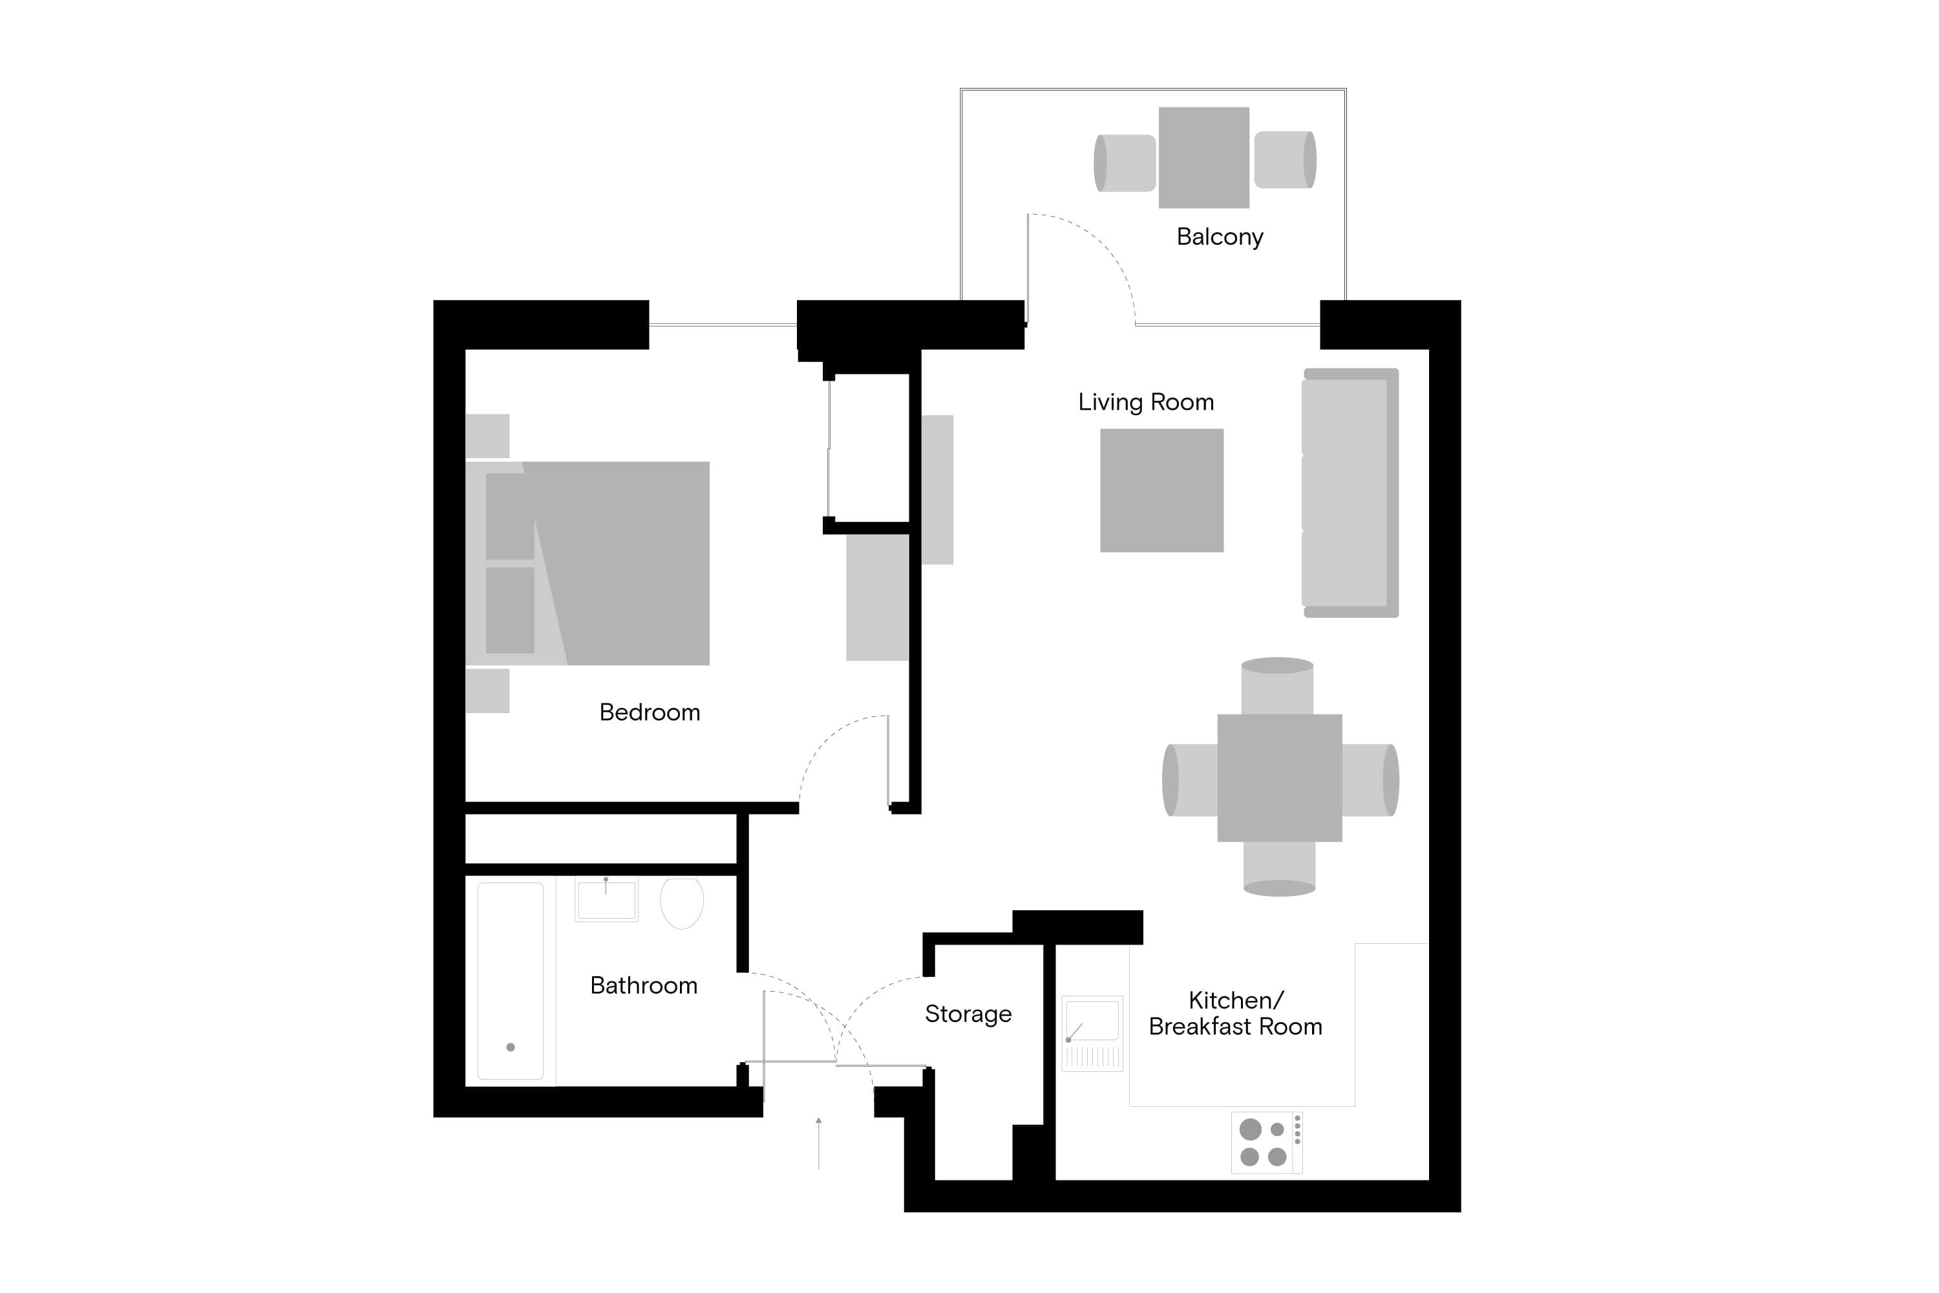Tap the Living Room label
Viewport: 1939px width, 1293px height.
click(x=1145, y=401)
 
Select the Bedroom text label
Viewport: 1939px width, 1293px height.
click(x=649, y=712)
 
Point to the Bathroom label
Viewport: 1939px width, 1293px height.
click(x=643, y=985)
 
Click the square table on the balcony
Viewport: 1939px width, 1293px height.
click(x=1203, y=158)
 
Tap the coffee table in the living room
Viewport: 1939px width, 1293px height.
click(x=1161, y=490)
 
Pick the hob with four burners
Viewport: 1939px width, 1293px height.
click(x=1266, y=1142)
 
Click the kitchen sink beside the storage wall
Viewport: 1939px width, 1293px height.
click(x=1092, y=1032)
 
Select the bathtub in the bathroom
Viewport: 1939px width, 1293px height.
click(x=511, y=981)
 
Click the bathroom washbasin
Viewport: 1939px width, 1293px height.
click(x=606, y=900)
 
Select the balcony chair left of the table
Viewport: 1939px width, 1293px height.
click(x=1124, y=164)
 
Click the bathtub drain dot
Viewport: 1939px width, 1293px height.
click(x=511, y=1047)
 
